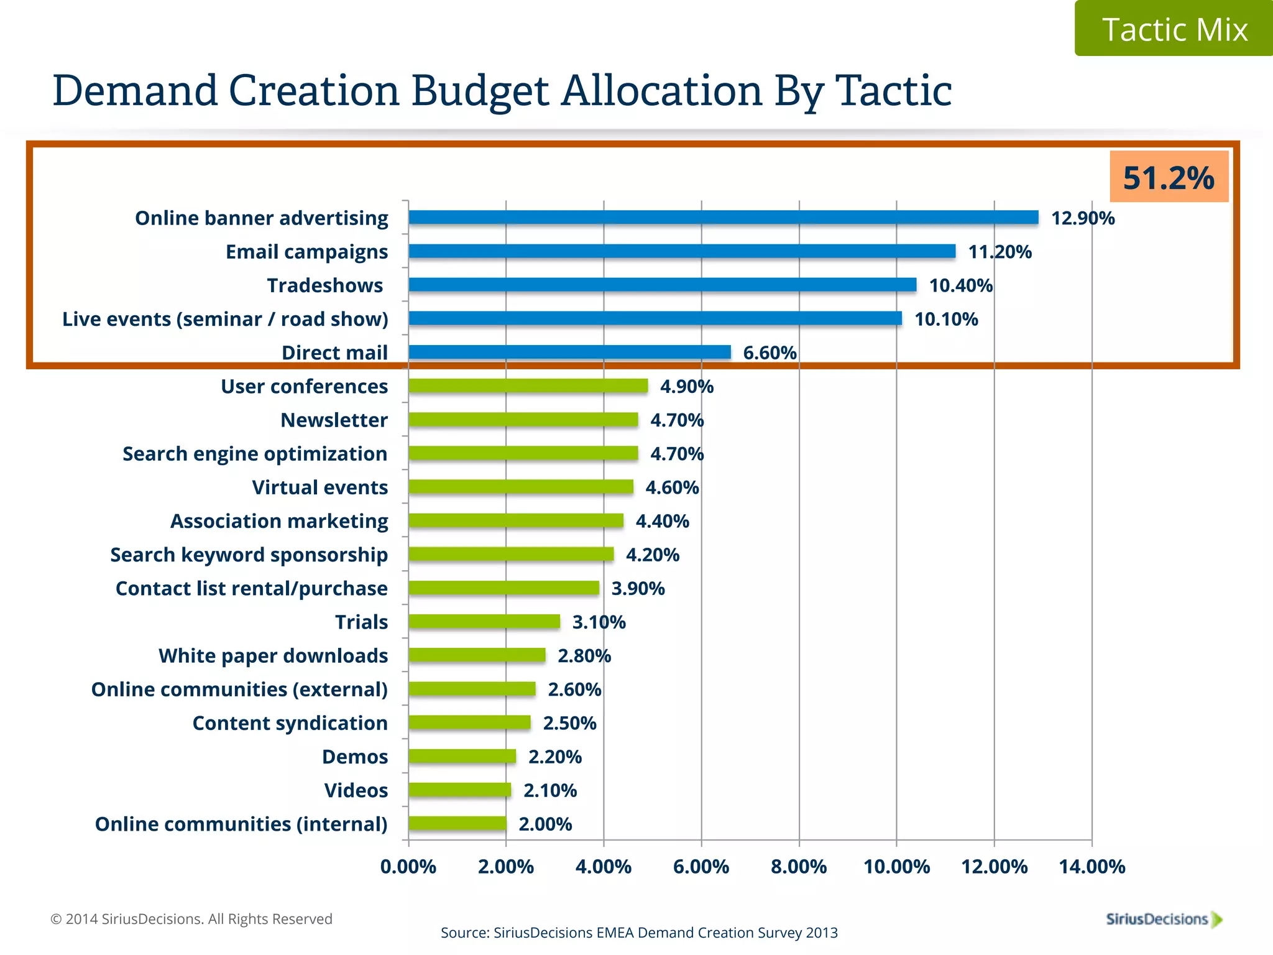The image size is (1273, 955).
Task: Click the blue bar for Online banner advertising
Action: [x=723, y=218]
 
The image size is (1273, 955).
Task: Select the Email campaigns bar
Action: [x=682, y=251]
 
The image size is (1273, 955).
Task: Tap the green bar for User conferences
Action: [x=528, y=386]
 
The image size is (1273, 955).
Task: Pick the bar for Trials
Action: [x=484, y=622]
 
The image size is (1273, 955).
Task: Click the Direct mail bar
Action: [x=569, y=353]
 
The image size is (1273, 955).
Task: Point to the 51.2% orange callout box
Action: [x=1169, y=177]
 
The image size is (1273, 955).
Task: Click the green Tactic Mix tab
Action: [x=1174, y=29]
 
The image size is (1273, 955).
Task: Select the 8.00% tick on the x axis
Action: [x=799, y=867]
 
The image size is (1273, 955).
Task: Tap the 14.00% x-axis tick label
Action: [x=1092, y=867]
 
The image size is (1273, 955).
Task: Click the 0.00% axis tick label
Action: [x=408, y=867]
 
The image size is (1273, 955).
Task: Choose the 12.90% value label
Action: [x=1083, y=218]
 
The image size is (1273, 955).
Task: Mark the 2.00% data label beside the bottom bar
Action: [x=545, y=824]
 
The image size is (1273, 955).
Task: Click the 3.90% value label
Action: [x=638, y=589]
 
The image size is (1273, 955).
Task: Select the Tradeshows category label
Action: [x=325, y=285]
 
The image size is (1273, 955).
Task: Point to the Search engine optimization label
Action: [x=255, y=454]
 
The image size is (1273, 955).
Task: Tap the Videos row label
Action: [x=356, y=791]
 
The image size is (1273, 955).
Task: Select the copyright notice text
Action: [x=191, y=919]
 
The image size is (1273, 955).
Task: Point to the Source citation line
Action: [x=639, y=933]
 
